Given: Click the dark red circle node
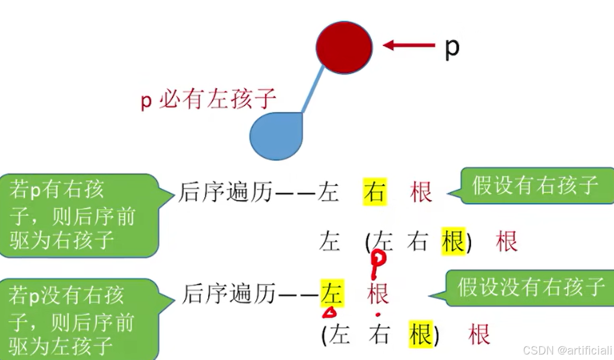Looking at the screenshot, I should tap(344, 47).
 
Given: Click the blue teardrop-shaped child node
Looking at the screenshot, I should tap(276, 135).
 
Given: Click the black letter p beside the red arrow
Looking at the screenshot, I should tap(451, 48).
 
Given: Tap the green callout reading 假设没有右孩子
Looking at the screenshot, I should tap(531, 287).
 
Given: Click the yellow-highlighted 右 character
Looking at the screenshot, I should tap(375, 192).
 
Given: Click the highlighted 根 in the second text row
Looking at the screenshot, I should tap(453, 241).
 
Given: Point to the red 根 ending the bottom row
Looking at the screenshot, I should tap(479, 334).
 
